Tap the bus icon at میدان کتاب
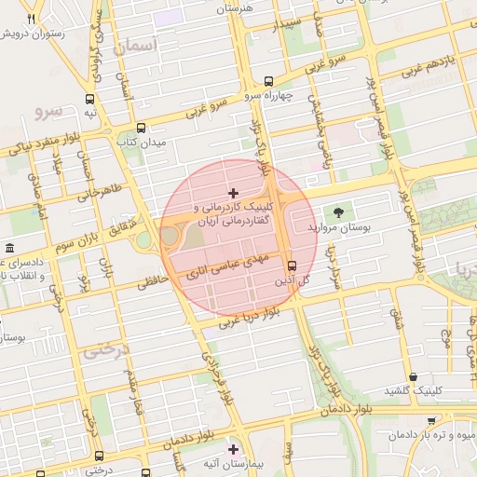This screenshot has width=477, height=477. (141, 129)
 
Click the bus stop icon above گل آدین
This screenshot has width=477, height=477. (292, 265)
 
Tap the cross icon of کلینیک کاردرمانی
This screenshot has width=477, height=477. (232, 191)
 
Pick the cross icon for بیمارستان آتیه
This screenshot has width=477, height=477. (233, 450)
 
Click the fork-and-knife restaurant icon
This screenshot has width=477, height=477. (32, 20)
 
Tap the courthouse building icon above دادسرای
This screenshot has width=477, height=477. (9, 249)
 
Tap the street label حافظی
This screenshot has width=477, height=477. (155, 278)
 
